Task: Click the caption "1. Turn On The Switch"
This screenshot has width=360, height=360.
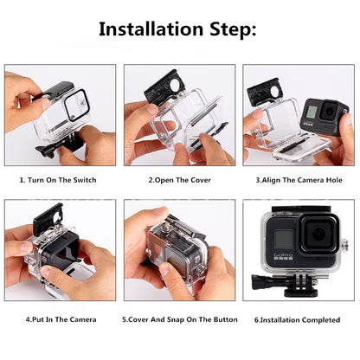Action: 58,180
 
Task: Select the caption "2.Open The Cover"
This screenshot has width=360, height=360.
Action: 178,180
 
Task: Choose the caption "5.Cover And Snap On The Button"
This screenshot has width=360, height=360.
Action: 178,319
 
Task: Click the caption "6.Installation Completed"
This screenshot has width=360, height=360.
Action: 298,319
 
